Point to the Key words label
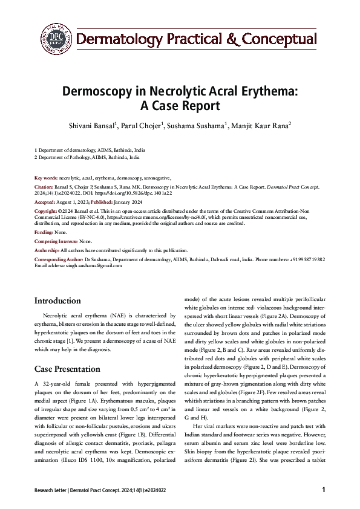tap(47, 178)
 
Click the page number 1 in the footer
tap(324, 490)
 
